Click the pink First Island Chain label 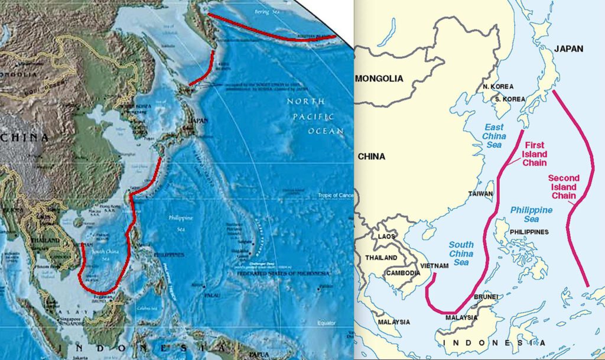534,154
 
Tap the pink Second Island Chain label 564,187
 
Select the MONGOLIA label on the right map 379,79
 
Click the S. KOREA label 509,99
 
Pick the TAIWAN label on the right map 480,194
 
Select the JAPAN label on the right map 568,49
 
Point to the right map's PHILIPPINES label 529,232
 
